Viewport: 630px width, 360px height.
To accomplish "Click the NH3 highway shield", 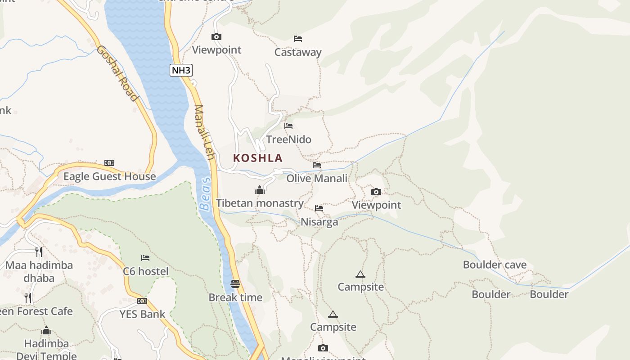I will click(181, 70).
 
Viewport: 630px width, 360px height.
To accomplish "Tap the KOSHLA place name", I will click(258, 158).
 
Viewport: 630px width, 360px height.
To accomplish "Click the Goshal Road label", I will click(117, 73).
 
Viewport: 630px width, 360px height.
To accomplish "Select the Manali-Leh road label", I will click(204, 132).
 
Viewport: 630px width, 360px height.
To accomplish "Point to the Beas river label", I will click(205, 194).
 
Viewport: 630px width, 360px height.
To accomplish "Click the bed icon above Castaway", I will click(297, 39).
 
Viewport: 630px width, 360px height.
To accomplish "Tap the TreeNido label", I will click(288, 139).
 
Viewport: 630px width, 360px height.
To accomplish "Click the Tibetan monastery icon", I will click(260, 190).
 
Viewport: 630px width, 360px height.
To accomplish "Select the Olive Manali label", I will click(317, 178).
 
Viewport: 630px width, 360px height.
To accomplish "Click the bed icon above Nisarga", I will click(319, 208).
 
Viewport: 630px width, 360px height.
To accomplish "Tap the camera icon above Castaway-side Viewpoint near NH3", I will click(216, 37).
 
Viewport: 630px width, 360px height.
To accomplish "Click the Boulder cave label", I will click(495, 265).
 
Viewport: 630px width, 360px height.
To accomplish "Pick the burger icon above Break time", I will click(235, 284).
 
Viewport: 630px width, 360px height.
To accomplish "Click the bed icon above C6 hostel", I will click(145, 258).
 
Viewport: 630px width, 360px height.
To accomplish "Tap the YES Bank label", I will click(142, 314).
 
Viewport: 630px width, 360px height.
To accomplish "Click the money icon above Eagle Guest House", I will click(109, 163).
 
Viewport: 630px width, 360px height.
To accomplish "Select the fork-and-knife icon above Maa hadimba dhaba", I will click(39, 252).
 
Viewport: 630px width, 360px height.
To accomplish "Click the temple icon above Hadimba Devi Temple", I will click(46, 331).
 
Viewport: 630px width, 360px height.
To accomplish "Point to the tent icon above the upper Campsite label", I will click(360, 274).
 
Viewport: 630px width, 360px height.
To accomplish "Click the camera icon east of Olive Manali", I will click(376, 192).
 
